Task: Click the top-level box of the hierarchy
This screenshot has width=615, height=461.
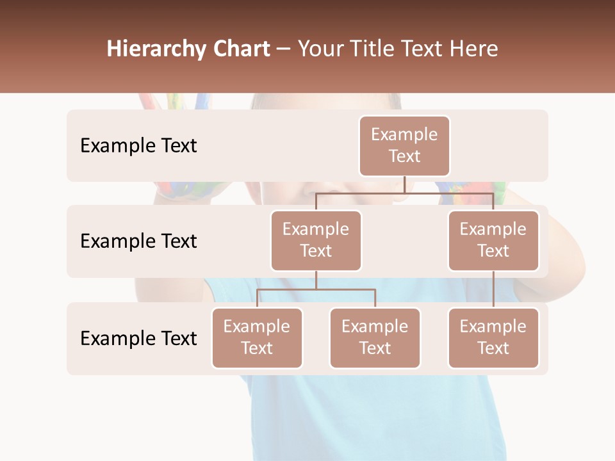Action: tap(404, 146)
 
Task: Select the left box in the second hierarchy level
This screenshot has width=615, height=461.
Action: tap(316, 240)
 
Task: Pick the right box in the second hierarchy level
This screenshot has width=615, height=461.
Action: tap(493, 240)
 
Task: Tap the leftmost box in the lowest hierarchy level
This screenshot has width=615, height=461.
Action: tap(257, 337)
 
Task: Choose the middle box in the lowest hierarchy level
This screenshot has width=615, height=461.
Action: tap(375, 337)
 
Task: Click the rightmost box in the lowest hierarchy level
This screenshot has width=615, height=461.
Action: tap(493, 337)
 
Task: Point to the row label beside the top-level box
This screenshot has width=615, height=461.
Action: tap(138, 146)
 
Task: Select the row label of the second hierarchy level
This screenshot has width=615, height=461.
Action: tap(138, 241)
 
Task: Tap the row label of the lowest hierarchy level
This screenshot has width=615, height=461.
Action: tap(138, 338)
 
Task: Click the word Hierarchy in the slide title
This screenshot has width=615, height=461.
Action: tap(156, 49)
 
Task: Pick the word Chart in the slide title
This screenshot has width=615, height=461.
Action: tap(242, 49)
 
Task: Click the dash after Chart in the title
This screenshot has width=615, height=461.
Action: tap(283, 49)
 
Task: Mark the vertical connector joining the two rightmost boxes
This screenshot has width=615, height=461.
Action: tap(493, 289)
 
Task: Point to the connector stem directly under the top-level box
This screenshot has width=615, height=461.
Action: tap(404, 184)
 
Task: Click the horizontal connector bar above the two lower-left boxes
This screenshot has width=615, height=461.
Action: tap(316, 289)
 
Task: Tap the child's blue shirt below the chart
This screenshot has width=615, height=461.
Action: tap(378, 416)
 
